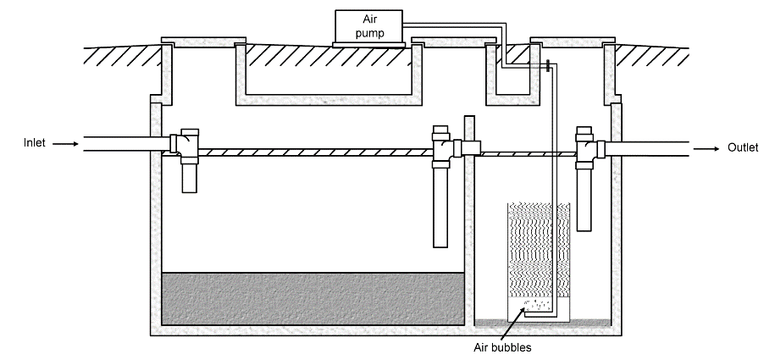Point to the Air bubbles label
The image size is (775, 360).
click(x=503, y=346)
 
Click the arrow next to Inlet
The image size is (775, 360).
click(x=65, y=144)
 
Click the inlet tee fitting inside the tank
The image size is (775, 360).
click(x=185, y=145)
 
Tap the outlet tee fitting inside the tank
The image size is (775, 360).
click(x=585, y=147)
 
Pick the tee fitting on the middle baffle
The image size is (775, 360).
click(x=442, y=149)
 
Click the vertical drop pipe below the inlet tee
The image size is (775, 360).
click(x=191, y=177)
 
